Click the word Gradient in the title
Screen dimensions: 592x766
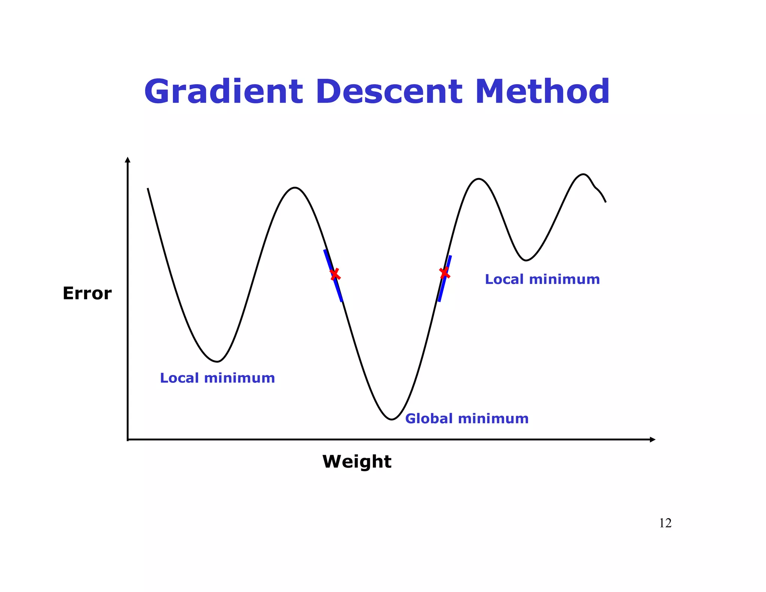coord(223,92)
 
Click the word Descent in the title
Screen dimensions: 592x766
coord(389,92)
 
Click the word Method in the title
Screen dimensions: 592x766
coord(542,92)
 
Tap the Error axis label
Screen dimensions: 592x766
coord(87,293)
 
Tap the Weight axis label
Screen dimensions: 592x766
coord(357,461)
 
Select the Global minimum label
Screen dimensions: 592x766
coord(467,418)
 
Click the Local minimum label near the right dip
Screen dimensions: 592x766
coord(542,279)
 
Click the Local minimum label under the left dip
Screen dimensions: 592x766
coord(217,378)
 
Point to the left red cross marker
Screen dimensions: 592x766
coord(335,274)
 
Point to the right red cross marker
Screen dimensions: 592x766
coord(445,273)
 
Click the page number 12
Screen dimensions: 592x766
coord(665,523)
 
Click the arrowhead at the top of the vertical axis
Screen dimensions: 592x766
coord(128,160)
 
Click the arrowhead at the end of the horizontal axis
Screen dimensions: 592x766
coord(653,439)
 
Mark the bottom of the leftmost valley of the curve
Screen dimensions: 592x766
coord(217,361)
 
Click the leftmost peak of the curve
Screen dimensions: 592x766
coord(295,188)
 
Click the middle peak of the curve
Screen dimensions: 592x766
coord(479,179)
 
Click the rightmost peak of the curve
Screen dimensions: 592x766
coord(583,174)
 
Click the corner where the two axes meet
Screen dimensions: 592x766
coord(128,439)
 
